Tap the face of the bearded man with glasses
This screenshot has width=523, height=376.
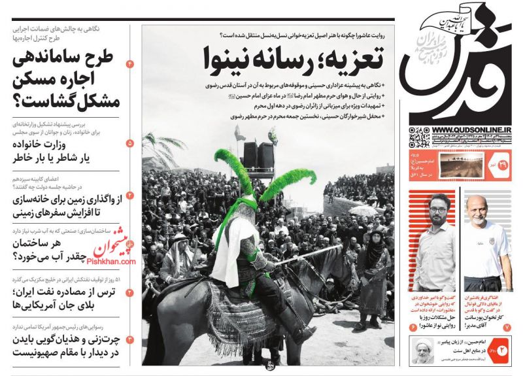click(x=435, y=210)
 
